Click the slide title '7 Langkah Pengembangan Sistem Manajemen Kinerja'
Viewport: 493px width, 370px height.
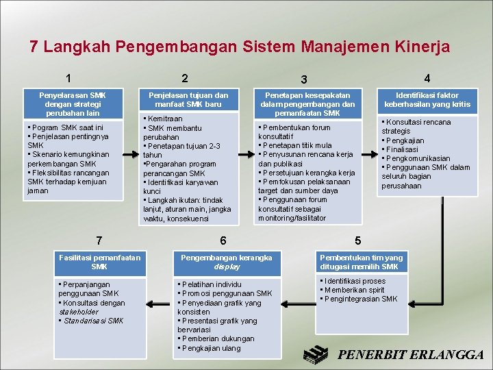tap(240, 47)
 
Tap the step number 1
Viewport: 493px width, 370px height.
tap(69, 78)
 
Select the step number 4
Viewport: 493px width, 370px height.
tap(427, 78)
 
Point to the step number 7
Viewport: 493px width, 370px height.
tap(100, 241)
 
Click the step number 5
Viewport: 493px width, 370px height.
tap(357, 241)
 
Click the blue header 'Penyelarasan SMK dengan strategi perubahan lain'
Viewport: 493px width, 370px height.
tap(73, 103)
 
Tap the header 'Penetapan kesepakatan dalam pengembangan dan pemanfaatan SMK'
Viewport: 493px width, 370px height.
tap(307, 103)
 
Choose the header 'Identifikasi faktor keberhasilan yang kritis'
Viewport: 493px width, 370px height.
tap(427, 99)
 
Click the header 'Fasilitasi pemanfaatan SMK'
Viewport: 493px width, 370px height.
tap(100, 262)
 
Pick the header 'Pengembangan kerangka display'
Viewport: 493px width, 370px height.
tap(226, 262)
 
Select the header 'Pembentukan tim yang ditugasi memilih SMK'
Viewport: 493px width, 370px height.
tap(362, 262)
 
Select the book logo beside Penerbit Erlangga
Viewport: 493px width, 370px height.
tap(317, 352)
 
